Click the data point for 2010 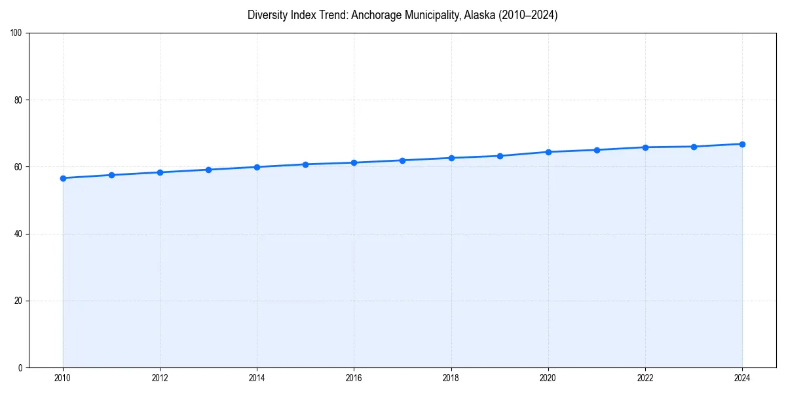click(63, 178)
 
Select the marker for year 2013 click(208, 170)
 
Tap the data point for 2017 click(402, 160)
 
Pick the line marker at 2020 click(548, 152)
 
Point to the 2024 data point click(742, 144)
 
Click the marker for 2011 click(111, 175)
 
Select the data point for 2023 click(694, 147)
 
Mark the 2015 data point click(305, 164)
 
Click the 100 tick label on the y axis click(16, 33)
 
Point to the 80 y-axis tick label click(18, 100)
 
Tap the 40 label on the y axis click(18, 234)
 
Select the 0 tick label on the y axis click(20, 367)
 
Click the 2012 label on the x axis click(160, 378)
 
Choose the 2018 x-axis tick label click(451, 378)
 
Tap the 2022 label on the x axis click(645, 378)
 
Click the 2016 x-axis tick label click(354, 378)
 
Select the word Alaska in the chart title click(478, 16)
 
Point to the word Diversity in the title click(267, 16)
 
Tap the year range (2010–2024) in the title click(527, 16)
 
